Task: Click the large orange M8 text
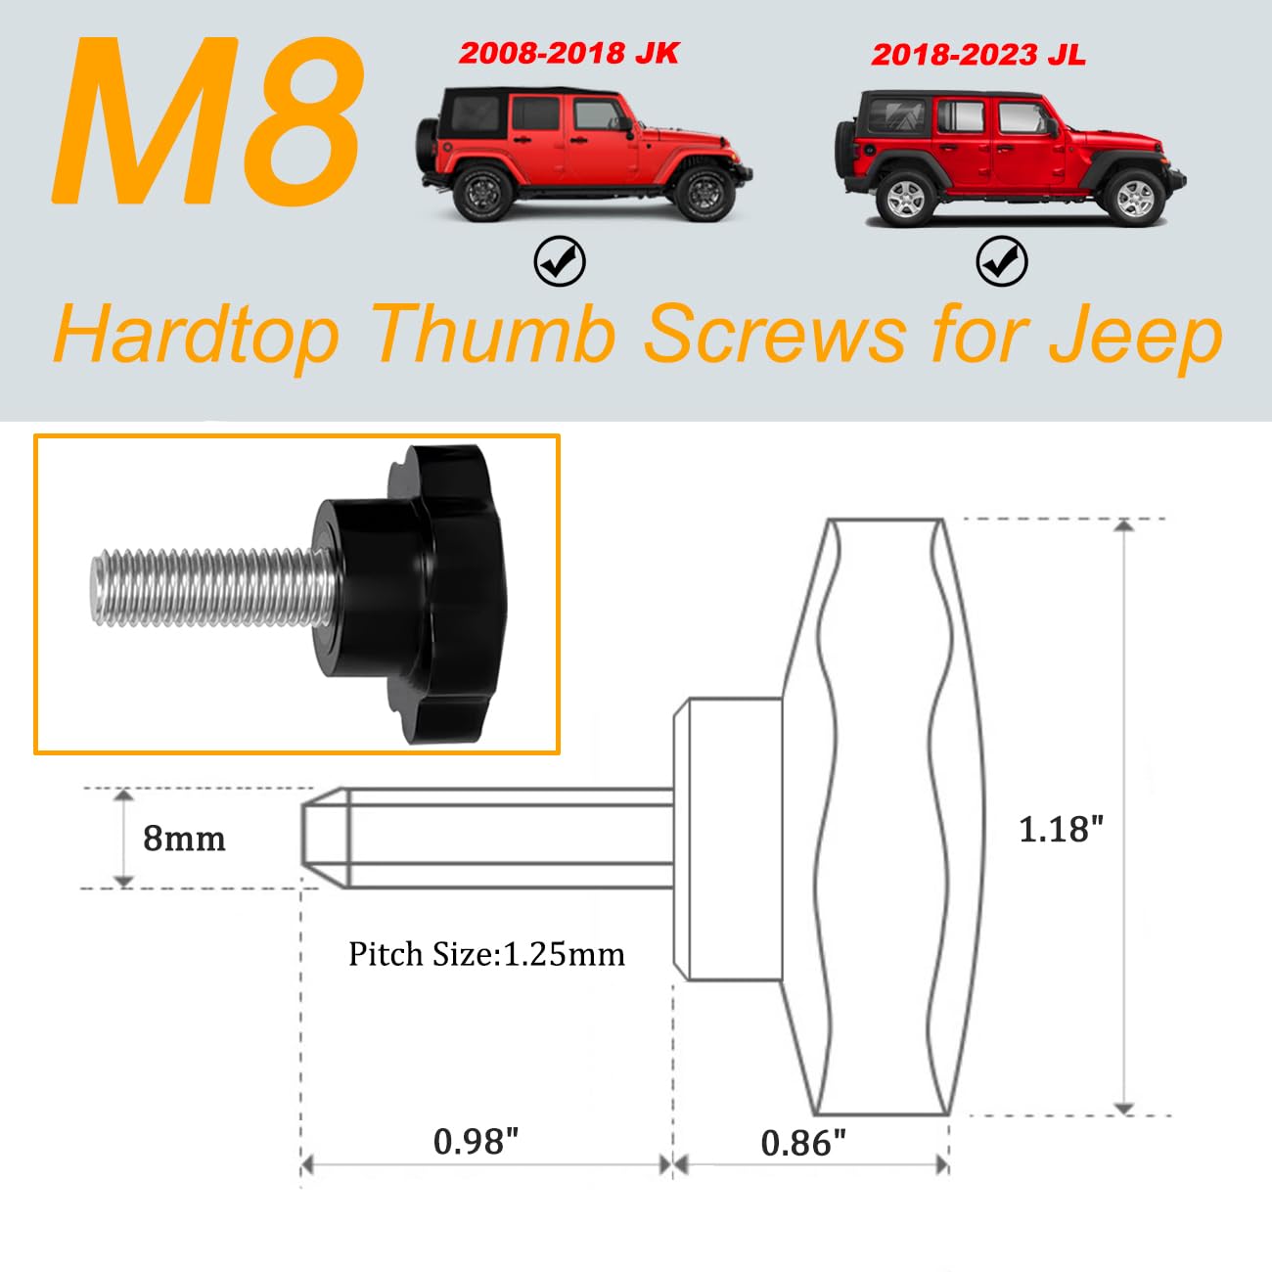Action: coord(207,125)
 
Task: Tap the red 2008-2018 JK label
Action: coord(568,53)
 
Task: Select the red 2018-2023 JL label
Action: coord(977,55)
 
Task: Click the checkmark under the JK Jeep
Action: coord(560,261)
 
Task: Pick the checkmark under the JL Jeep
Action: coord(1001,261)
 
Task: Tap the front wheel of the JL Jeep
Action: coord(1134,197)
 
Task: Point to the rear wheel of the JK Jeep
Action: coord(483,193)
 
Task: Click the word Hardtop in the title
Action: coord(197,335)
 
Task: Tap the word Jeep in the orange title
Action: coord(1135,335)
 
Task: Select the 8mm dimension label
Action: coord(184,839)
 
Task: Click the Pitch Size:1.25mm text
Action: coord(486,954)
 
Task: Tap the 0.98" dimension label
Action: coord(476,1141)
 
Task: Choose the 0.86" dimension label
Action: coord(802,1142)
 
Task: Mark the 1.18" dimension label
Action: coord(1061,830)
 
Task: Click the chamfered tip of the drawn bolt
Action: coord(323,838)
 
